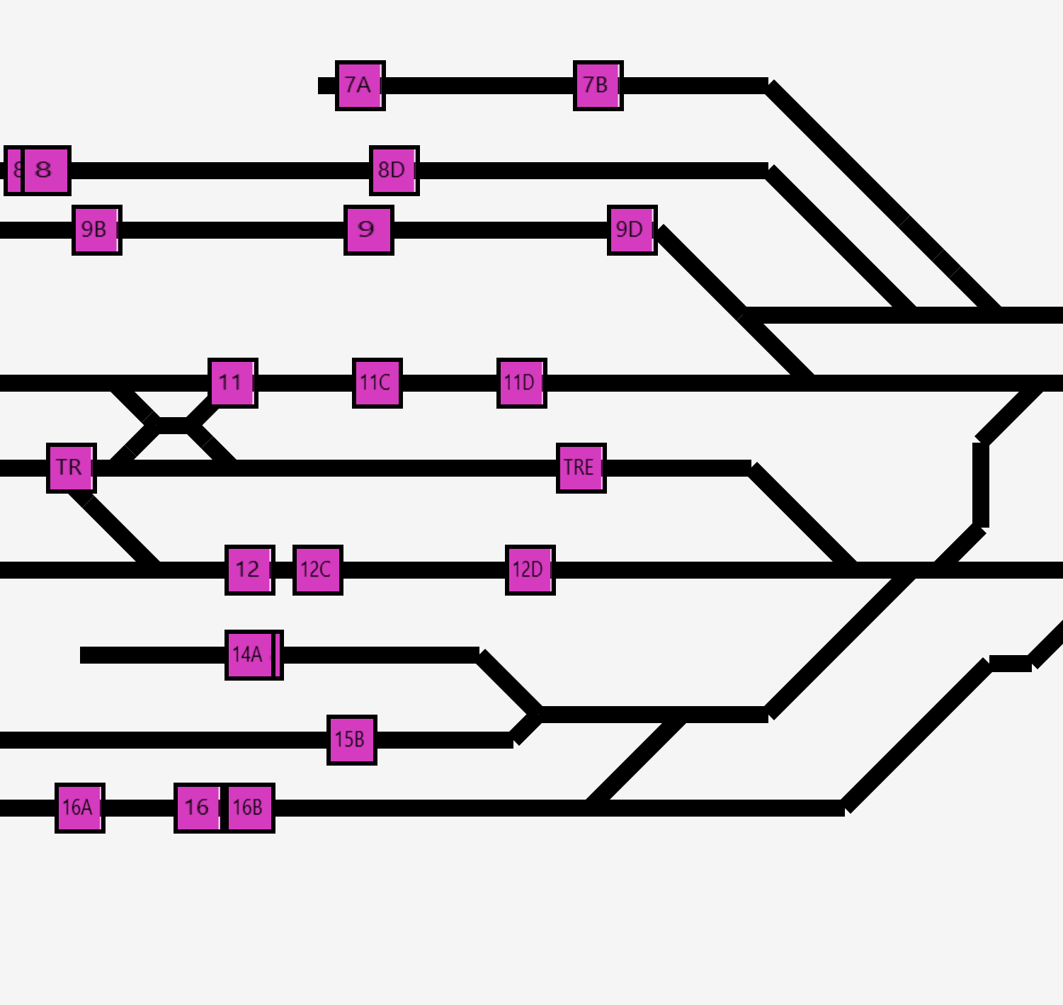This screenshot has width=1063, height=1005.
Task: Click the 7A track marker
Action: (x=360, y=86)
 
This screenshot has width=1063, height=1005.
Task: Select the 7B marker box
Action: (x=598, y=86)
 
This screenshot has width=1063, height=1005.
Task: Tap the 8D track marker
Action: (x=394, y=171)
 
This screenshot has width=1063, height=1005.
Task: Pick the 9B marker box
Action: (x=96, y=230)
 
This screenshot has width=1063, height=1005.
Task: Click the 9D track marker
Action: (x=632, y=230)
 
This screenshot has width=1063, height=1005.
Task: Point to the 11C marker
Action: (x=377, y=383)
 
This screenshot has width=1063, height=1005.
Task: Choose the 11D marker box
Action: (x=521, y=383)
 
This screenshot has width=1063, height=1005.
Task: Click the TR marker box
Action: (x=71, y=468)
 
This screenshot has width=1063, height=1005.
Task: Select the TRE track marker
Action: (x=581, y=468)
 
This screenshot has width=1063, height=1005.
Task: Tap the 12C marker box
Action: (x=317, y=570)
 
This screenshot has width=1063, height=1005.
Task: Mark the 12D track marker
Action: (x=530, y=570)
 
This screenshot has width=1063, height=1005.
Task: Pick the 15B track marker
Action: (x=351, y=740)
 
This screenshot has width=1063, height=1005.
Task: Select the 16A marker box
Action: (x=79, y=808)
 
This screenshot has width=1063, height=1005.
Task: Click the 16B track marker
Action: (x=250, y=808)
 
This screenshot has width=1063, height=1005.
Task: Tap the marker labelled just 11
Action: (x=232, y=383)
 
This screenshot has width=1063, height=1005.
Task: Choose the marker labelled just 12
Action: (x=249, y=570)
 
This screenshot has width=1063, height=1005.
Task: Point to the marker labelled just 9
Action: (x=368, y=230)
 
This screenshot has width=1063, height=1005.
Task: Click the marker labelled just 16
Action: (x=198, y=808)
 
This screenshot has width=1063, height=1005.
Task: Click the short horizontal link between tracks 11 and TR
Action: (x=173, y=426)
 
